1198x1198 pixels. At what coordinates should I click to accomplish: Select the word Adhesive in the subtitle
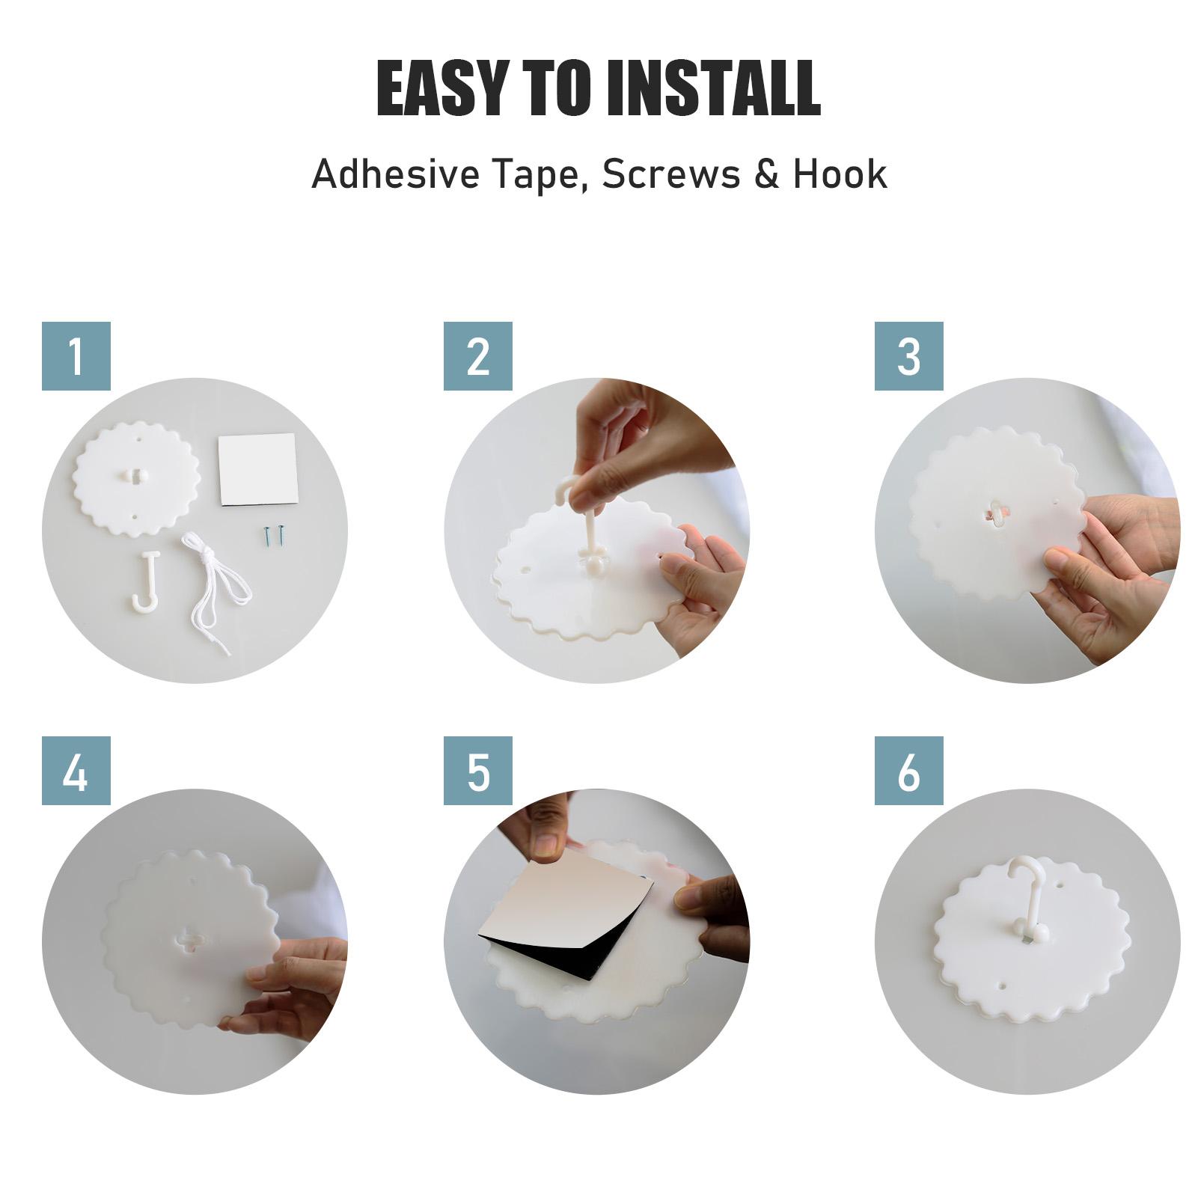[396, 174]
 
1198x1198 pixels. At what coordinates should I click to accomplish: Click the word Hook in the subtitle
[840, 174]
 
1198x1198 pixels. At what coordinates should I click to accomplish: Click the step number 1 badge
[76, 356]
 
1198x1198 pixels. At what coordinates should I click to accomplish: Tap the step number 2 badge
[478, 356]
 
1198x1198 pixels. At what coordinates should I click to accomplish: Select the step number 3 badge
[909, 356]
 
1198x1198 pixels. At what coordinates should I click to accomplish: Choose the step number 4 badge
[76, 771]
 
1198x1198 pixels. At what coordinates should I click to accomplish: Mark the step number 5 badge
[478, 771]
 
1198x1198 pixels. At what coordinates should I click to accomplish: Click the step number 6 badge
[909, 771]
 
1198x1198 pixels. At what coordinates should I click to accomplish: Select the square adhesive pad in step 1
[258, 471]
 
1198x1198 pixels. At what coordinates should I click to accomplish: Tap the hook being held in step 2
[580, 524]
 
